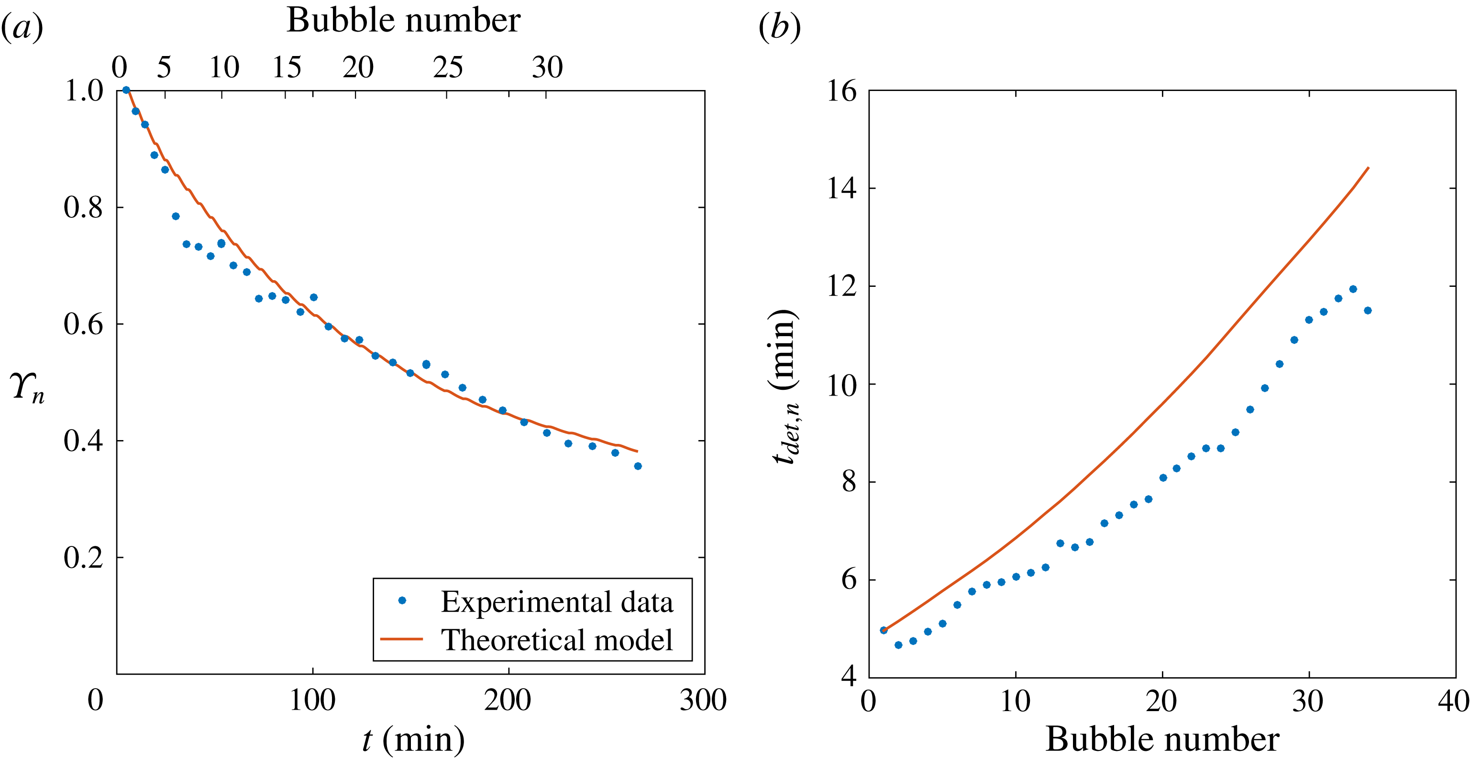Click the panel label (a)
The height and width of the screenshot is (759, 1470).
(x=22, y=27)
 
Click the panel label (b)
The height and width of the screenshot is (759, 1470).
(x=780, y=27)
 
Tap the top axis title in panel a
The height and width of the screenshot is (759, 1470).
(x=403, y=21)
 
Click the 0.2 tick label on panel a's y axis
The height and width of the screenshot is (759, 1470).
(x=83, y=558)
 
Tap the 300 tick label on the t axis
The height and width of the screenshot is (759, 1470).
(x=703, y=700)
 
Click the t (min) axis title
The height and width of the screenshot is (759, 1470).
(x=414, y=739)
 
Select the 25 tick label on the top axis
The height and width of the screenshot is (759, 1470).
(x=447, y=68)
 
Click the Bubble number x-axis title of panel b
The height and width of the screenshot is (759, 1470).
(x=1162, y=739)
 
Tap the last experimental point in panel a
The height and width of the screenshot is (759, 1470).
(x=638, y=466)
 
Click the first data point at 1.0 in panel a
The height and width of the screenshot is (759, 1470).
(x=126, y=90)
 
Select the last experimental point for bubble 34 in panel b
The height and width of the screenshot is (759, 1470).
(x=1367, y=311)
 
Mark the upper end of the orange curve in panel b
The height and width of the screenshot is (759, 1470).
(x=1368, y=168)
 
